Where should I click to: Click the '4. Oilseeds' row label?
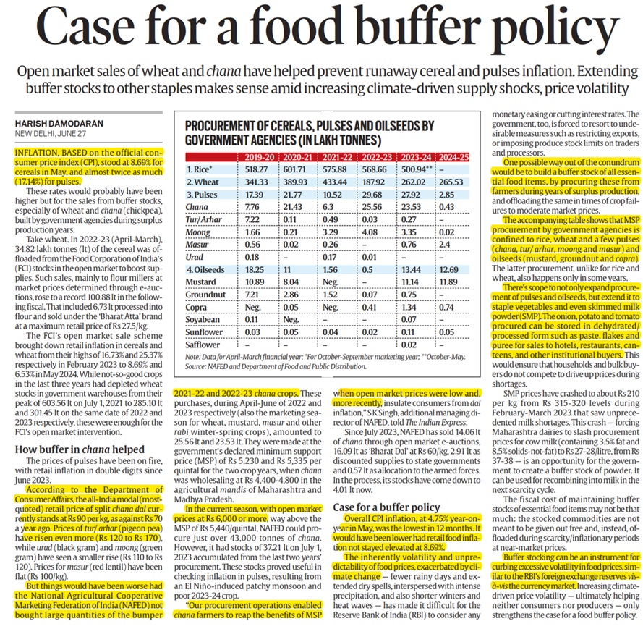click(x=207, y=266)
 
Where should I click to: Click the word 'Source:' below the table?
click(x=197, y=368)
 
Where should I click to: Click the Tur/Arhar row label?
click(x=205, y=225)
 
